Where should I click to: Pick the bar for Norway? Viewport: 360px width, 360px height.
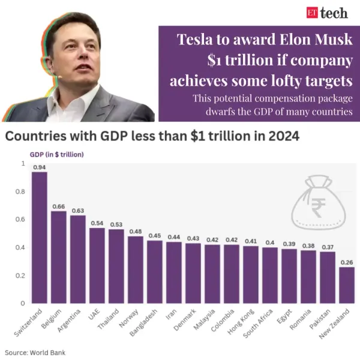(x=136, y=269)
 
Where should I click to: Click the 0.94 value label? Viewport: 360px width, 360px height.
(x=40, y=167)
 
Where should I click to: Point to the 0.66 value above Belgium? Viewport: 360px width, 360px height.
(x=59, y=206)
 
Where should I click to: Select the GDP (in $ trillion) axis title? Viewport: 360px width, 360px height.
(x=57, y=154)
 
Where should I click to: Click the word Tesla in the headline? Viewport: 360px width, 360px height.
(x=197, y=40)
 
